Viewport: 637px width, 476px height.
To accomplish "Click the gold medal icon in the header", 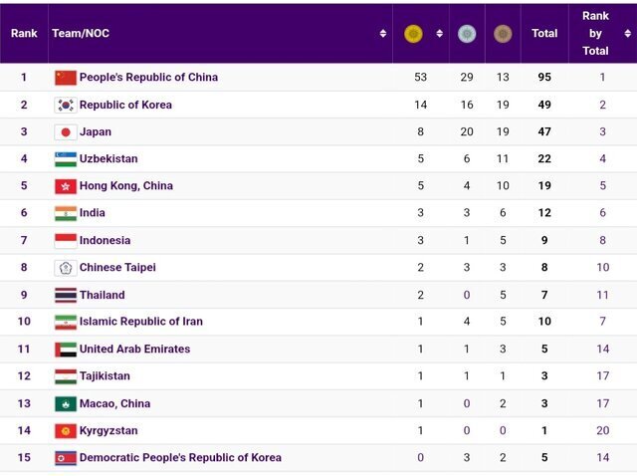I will [413, 34].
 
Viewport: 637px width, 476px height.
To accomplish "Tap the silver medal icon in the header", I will [467, 34].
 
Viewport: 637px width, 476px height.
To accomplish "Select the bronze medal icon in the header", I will [503, 34].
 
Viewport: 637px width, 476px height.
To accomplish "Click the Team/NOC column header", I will [81, 34].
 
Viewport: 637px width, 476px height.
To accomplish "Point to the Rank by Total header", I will [595, 33].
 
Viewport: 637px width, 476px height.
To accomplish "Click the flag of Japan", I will [66, 131].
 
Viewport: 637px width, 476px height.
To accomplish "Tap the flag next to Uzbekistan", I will [66, 158].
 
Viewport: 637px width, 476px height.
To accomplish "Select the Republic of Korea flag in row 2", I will [66, 105].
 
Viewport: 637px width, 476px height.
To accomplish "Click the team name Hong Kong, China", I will [126, 185].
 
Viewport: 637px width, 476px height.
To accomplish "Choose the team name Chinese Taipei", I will [117, 267].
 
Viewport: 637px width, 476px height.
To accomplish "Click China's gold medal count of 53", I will [420, 77].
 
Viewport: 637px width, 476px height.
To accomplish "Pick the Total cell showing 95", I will [544, 77].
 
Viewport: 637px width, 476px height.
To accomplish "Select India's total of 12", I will [544, 212].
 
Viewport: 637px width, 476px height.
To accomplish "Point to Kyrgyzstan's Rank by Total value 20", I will [603, 430].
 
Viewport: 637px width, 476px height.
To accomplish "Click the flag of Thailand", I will [66, 295].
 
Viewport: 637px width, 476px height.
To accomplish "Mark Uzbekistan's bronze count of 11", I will [502, 158].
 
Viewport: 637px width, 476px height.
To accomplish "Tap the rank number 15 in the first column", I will [24, 457].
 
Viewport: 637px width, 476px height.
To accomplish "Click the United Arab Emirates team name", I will [134, 349].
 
